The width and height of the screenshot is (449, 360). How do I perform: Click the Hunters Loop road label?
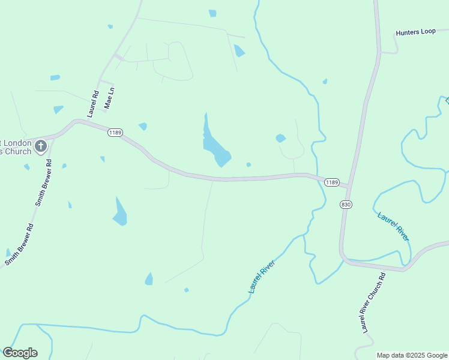click(415, 31)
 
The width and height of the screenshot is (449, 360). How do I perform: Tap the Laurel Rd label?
click(93, 103)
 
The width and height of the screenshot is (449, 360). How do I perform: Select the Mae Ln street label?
click(109, 98)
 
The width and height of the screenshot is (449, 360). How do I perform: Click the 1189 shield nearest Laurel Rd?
click(115, 132)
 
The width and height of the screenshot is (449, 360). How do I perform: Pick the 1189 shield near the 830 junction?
click(332, 182)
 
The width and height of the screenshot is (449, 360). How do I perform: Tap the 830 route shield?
click(346, 205)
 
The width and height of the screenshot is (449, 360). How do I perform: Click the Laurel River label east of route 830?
click(394, 226)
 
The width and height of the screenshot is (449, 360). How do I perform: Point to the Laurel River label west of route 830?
click(262, 277)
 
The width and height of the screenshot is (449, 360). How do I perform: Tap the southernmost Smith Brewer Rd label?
click(19, 244)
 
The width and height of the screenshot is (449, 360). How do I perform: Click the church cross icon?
click(41, 146)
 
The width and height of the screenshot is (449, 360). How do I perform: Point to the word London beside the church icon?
click(18, 143)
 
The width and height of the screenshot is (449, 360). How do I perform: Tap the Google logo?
click(20, 353)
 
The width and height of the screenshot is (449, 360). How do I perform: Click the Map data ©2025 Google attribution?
click(412, 355)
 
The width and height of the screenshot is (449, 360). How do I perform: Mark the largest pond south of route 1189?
click(120, 212)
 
